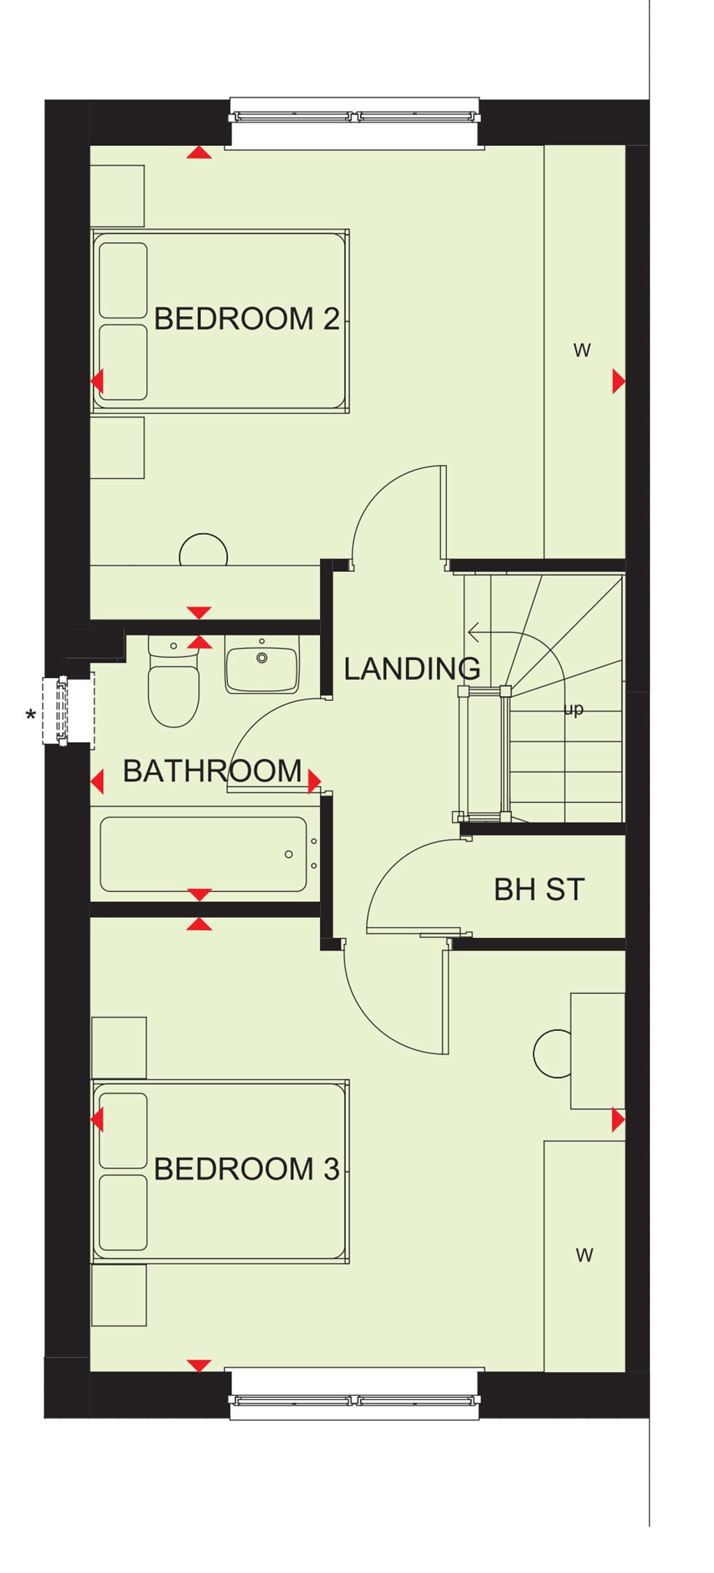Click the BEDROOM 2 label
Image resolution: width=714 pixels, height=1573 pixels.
[x=247, y=319]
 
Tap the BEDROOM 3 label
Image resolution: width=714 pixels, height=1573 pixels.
[x=247, y=1169]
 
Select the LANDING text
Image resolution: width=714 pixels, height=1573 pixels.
[x=412, y=668]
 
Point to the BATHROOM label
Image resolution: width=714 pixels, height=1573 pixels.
[x=213, y=771]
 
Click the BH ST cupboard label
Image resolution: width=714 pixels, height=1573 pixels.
[x=539, y=889]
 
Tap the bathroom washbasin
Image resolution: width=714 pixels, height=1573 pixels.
[x=262, y=665]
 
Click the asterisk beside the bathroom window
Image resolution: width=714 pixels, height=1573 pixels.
[x=30, y=716]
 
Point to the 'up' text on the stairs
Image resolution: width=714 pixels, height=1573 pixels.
[x=573, y=710]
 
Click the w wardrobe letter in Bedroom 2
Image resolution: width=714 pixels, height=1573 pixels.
[x=582, y=350]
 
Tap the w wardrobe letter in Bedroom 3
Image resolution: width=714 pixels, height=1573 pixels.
[x=584, y=1255]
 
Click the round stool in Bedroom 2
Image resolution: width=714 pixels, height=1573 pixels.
[x=204, y=550]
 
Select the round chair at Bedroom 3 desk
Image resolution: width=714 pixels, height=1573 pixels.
[x=552, y=1053]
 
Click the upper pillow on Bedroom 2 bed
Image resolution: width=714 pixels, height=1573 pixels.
[x=123, y=280]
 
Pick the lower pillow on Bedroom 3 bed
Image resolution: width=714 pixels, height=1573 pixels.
[x=123, y=1212]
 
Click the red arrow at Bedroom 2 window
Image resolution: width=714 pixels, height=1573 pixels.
[x=199, y=152]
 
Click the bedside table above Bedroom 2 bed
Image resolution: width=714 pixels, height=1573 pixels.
[x=117, y=196]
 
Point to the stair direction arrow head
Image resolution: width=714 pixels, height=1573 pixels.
[x=473, y=633]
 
